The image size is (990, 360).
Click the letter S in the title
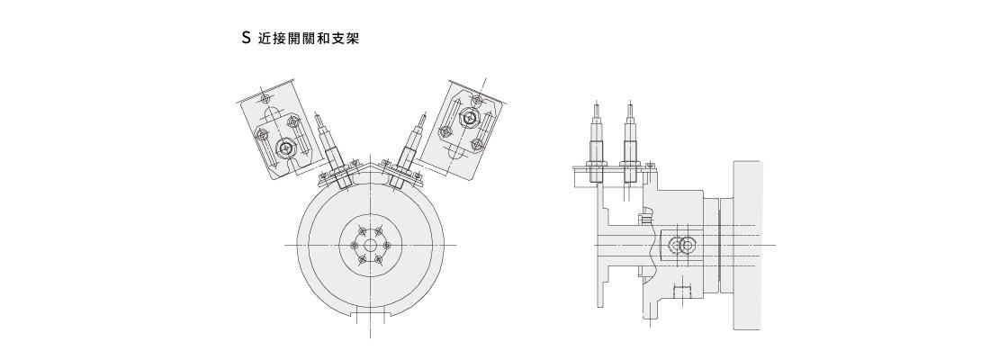pyautogui.click(x=246, y=40)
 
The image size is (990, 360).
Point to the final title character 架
pyautogui.click(x=352, y=40)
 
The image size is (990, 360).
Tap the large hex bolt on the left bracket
pyautogui.click(x=286, y=149)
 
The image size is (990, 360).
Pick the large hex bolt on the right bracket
pyautogui.click(x=468, y=119)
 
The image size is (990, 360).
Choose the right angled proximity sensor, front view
pyautogui.click(x=409, y=151)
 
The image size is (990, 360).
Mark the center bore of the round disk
pyautogui.click(x=370, y=245)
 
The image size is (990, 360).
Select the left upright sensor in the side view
pyautogui.click(x=595, y=144)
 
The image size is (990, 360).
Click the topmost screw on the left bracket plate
pyautogui.click(x=264, y=97)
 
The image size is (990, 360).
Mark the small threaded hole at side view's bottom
pyautogui.click(x=680, y=291)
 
